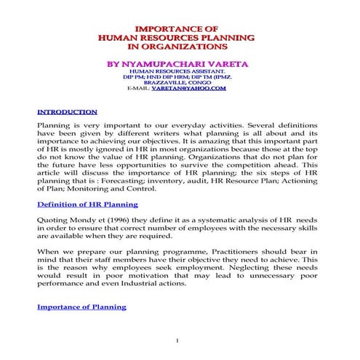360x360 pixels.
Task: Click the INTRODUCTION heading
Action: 67,113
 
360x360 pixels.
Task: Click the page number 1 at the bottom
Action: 177,340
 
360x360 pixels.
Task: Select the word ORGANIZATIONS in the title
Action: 188,46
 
